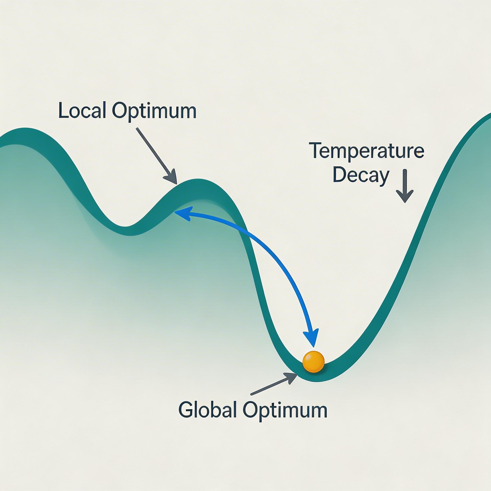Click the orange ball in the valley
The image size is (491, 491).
click(x=313, y=362)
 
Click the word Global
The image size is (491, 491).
click(x=207, y=410)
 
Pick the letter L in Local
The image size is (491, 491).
click(x=62, y=110)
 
